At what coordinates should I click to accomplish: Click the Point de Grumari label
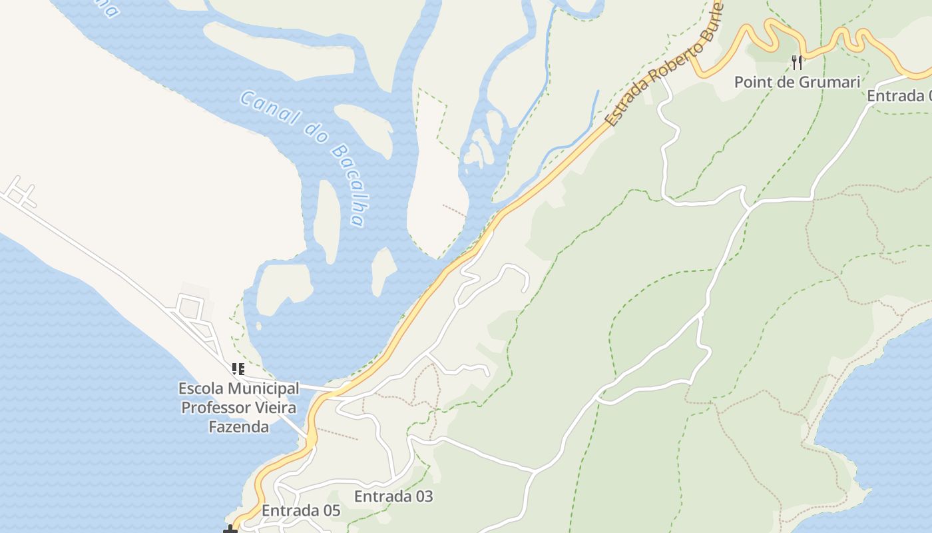(797, 82)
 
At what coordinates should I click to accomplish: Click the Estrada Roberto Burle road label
(664, 66)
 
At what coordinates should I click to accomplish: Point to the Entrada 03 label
(393, 496)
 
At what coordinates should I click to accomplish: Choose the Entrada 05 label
(301, 511)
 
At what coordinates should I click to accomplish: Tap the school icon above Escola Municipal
(238, 368)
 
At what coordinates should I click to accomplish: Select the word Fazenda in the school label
(239, 427)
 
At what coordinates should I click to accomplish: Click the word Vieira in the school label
(274, 408)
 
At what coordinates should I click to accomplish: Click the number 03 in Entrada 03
(422, 496)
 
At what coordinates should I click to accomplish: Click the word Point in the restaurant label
(752, 82)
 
